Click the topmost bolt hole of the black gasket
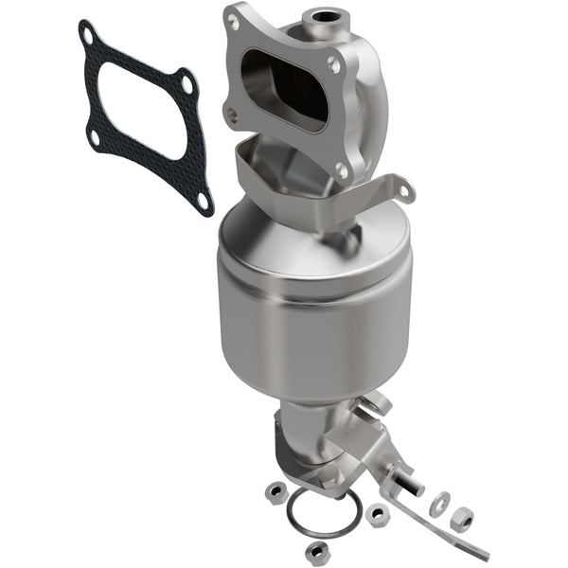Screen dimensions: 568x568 pos(88,35)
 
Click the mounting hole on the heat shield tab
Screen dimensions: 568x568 pos(404,193)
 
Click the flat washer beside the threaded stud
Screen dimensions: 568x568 pos(437,505)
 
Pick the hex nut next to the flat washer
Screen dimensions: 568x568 pos(461,518)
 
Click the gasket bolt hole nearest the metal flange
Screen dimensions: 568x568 pos(187,84)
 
